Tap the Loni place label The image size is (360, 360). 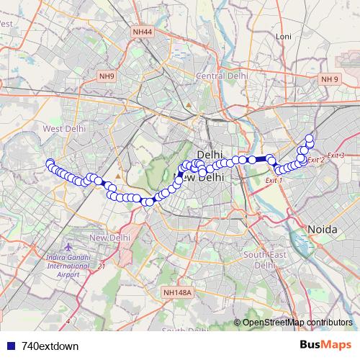point(283,36)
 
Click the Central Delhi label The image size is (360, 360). point(222,76)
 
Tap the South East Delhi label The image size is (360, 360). point(259,259)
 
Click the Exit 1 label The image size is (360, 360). point(274,180)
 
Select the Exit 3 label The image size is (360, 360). point(336,156)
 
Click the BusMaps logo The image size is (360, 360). point(324,345)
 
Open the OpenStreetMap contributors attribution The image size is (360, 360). point(297,323)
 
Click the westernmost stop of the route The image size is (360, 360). point(50,163)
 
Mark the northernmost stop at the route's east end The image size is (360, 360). point(310,138)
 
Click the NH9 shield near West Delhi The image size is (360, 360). point(107,76)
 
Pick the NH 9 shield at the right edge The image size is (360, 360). point(330,78)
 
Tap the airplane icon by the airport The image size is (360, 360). point(67,247)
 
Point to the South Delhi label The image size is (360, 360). point(180,330)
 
